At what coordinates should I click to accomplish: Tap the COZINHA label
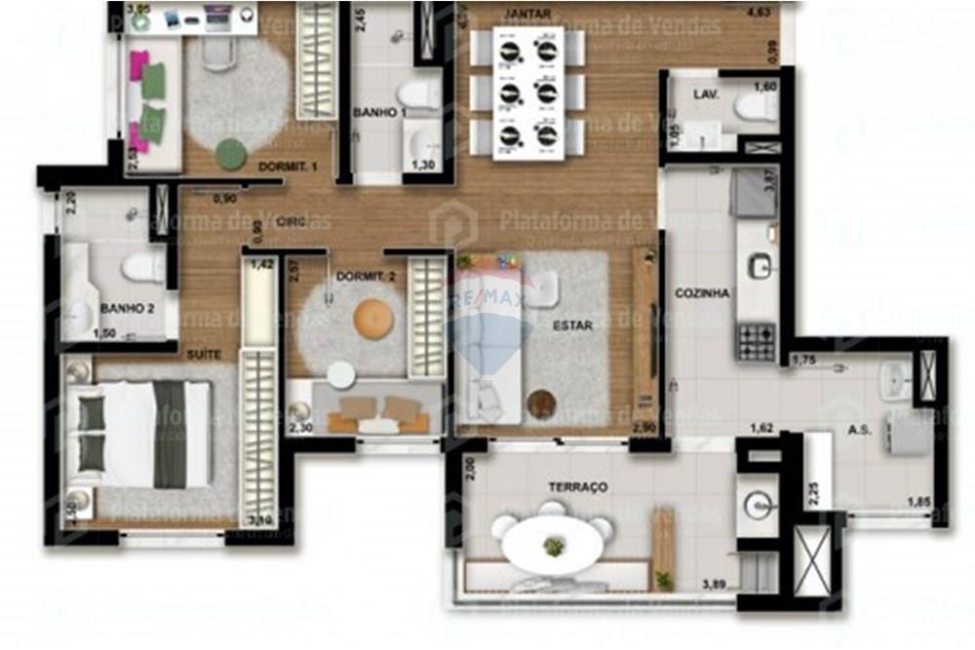(x=703, y=292)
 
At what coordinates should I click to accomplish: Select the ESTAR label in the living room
(x=572, y=326)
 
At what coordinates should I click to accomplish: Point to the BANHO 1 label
(x=379, y=113)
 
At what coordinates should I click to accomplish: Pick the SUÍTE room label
(x=204, y=354)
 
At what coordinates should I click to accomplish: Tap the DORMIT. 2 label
(x=366, y=276)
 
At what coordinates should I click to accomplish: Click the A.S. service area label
(x=859, y=429)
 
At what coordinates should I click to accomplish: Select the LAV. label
(x=706, y=95)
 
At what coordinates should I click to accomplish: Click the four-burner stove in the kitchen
(x=757, y=341)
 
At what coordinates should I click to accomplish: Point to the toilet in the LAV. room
(x=757, y=107)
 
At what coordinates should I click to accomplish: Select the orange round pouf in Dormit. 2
(x=371, y=319)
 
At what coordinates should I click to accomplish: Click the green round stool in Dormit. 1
(x=232, y=153)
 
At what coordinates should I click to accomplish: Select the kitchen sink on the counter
(x=758, y=265)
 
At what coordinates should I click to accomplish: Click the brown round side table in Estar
(x=541, y=401)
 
